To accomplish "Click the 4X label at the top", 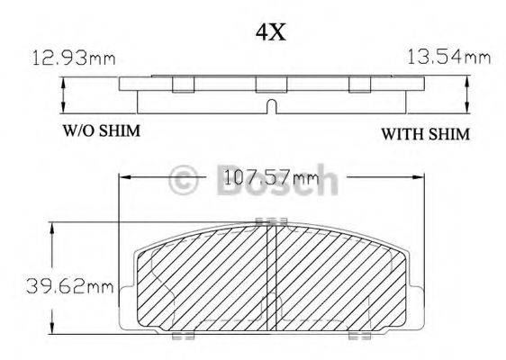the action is [x=271, y=32].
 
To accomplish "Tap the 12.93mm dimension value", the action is [x=74, y=58].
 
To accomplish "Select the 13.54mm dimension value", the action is [x=449, y=57].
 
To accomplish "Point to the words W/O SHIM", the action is [x=102, y=130].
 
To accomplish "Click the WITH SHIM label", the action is [x=426, y=134].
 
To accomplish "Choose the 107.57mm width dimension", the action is [x=271, y=177].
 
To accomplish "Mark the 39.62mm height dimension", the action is [x=70, y=286].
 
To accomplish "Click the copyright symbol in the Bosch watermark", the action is [x=184, y=180].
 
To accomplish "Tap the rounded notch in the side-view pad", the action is [x=272, y=106].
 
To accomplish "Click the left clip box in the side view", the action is [x=184, y=85].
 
